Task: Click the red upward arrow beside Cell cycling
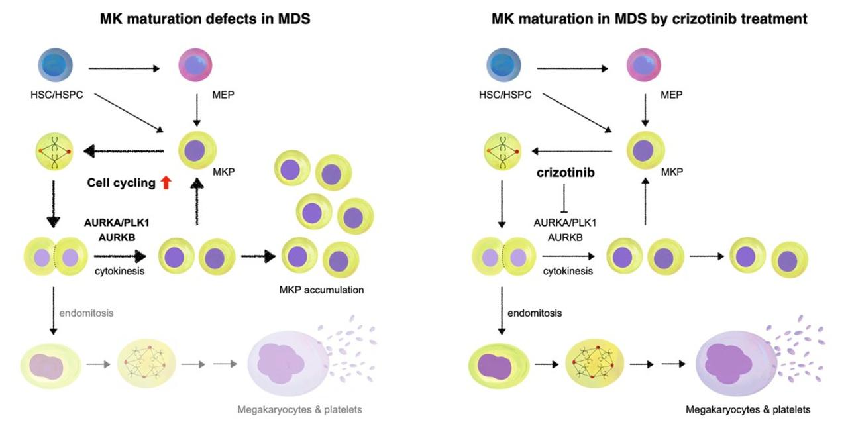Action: point(166,182)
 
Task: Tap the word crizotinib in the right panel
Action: point(565,172)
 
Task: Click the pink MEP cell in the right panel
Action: point(645,67)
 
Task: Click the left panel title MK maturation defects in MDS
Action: point(205,19)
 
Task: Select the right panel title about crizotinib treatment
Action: point(649,19)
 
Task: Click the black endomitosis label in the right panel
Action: point(535,313)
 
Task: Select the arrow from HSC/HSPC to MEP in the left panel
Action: point(125,68)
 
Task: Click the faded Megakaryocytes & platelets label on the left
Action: point(311,409)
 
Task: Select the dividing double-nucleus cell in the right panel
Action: point(503,256)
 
